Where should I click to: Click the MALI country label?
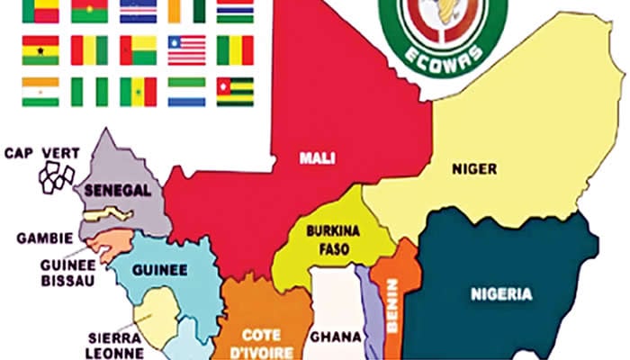(318, 158)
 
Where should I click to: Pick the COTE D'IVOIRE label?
(259, 337)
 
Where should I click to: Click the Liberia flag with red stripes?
(186, 50)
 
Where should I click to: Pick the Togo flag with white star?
(235, 91)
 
